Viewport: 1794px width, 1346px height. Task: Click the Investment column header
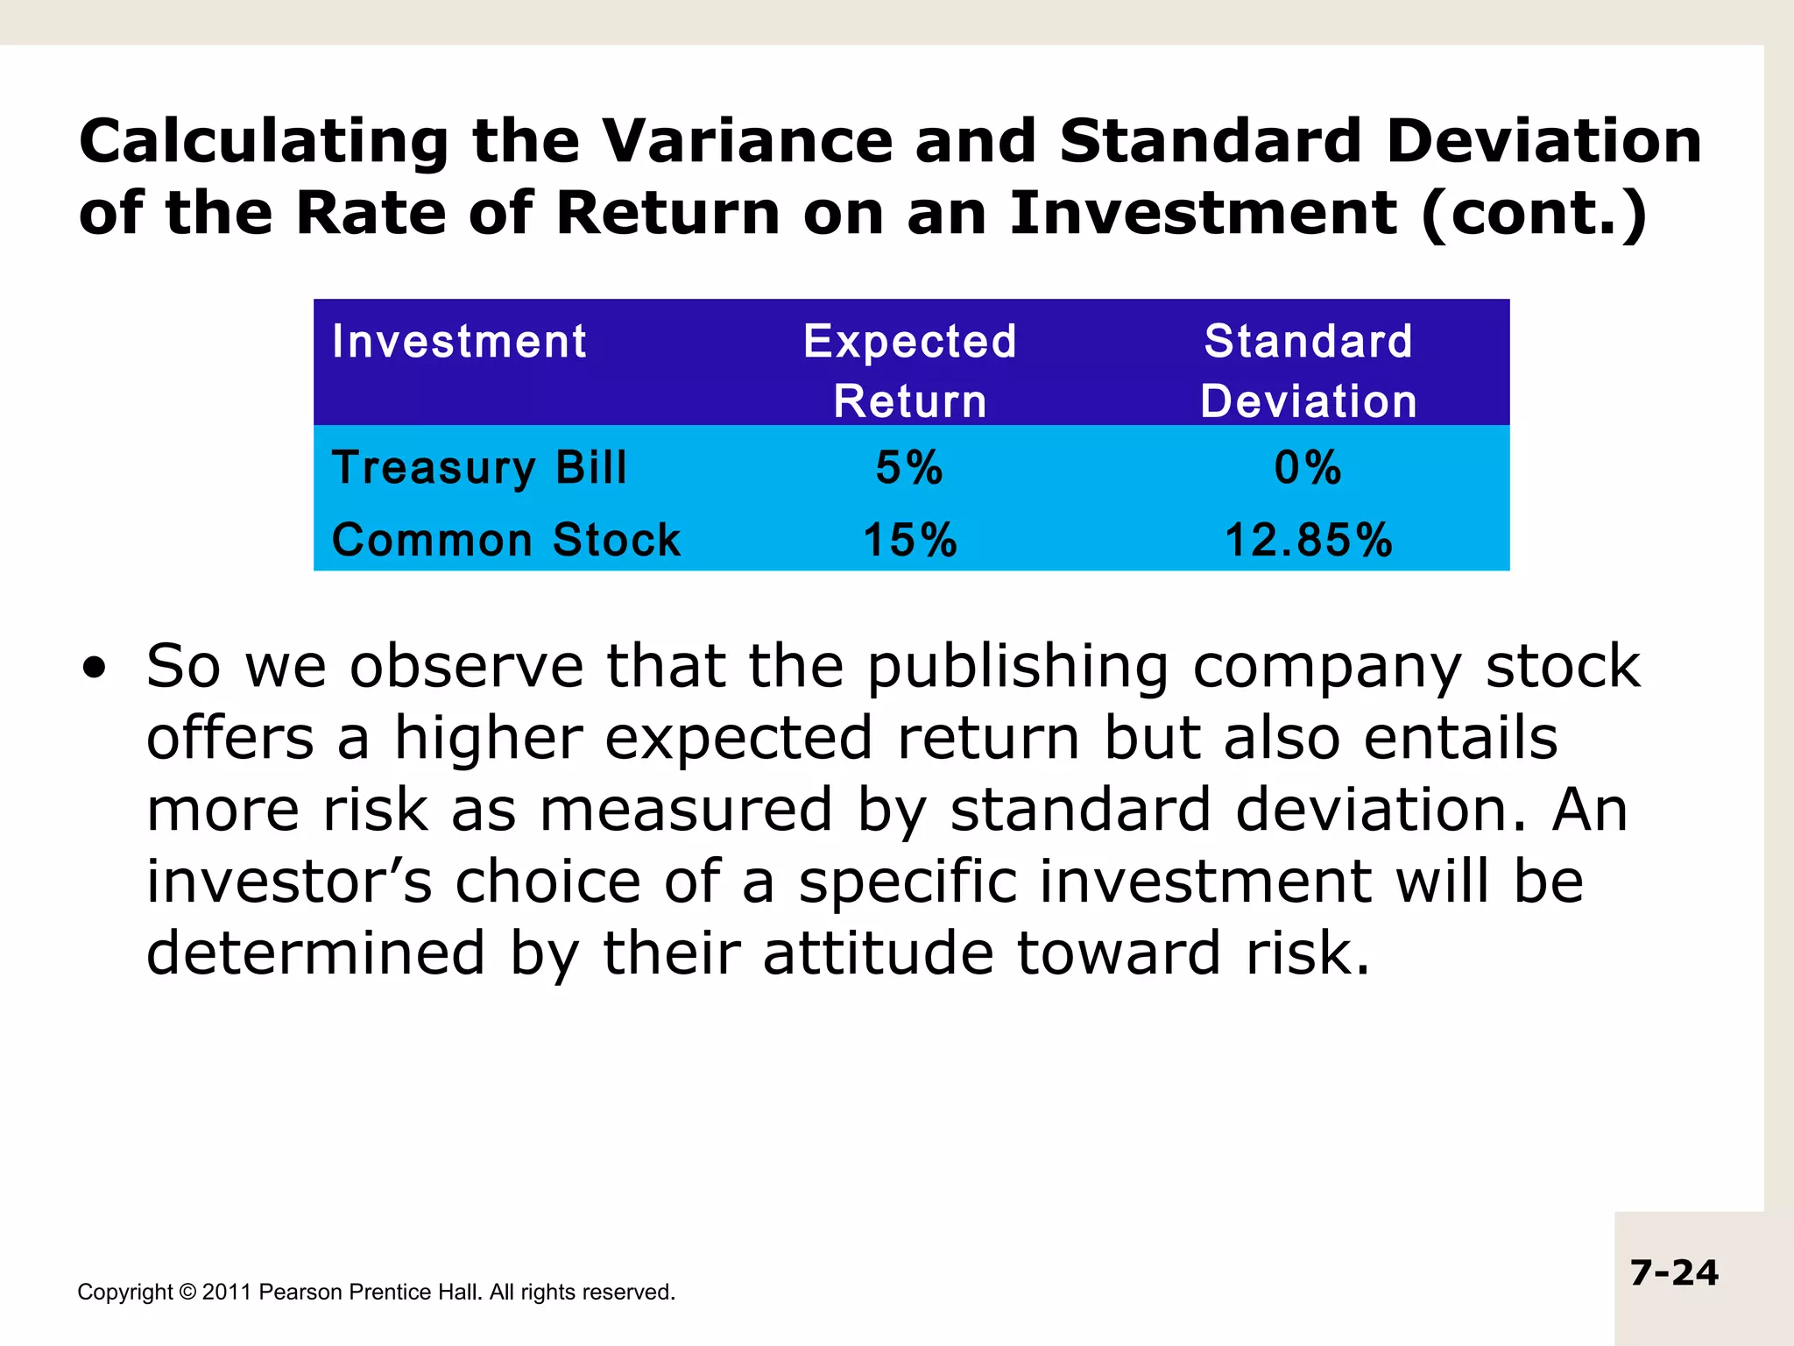pyautogui.click(x=459, y=342)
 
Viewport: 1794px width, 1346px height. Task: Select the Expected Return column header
pyautogui.click(x=910, y=371)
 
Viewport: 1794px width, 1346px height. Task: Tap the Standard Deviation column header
pyautogui.click(x=1308, y=371)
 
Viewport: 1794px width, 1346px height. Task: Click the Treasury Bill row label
pyautogui.click(x=479, y=467)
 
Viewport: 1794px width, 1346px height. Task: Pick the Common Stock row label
pyautogui.click(x=505, y=539)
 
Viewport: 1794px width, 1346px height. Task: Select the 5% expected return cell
pyautogui.click(x=909, y=467)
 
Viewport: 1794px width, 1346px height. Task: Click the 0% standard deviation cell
pyautogui.click(x=1308, y=467)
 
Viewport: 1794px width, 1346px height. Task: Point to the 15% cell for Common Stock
pyautogui.click(x=910, y=540)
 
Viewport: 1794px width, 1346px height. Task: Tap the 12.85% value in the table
pyautogui.click(x=1308, y=540)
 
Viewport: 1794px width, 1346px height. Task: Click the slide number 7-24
pyautogui.click(x=1674, y=1272)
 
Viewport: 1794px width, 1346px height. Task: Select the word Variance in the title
pyautogui.click(x=746, y=142)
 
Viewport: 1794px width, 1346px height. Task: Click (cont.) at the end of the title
pyautogui.click(x=1533, y=214)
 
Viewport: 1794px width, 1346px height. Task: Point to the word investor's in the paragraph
pyautogui.click(x=289, y=882)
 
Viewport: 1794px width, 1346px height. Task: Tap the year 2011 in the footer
pyautogui.click(x=227, y=1293)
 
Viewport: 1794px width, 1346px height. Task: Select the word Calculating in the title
pyautogui.click(x=264, y=142)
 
